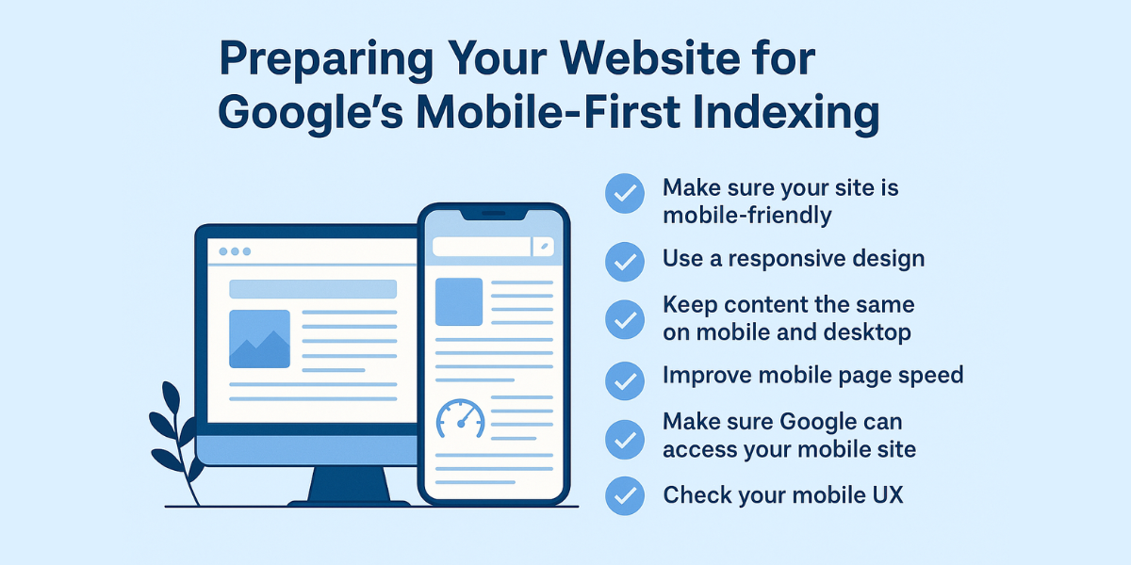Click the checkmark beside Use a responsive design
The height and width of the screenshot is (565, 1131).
point(624,261)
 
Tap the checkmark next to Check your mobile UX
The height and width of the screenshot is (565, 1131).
point(624,495)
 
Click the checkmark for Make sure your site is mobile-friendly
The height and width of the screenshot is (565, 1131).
point(624,193)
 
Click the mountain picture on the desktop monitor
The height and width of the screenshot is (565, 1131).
point(259,338)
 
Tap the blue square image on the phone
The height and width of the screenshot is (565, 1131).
point(459,301)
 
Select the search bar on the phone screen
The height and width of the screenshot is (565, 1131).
point(481,247)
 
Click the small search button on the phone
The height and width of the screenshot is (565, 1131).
point(544,247)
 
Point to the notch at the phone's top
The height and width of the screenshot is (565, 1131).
point(493,216)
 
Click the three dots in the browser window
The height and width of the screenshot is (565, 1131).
point(235,251)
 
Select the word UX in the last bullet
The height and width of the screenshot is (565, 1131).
point(886,495)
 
